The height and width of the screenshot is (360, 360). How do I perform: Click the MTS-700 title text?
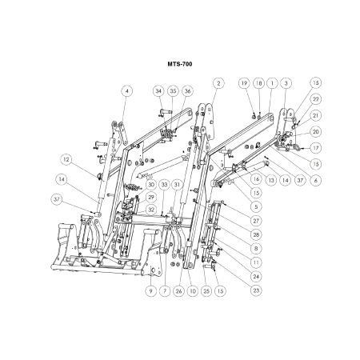point(180,64)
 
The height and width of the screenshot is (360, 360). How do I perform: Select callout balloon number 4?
point(127,91)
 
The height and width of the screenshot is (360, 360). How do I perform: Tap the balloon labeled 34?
point(158,91)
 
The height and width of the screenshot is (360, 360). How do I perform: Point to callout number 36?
point(187,91)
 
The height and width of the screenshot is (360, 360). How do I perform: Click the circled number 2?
point(218,83)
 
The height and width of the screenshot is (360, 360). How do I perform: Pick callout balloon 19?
point(244,83)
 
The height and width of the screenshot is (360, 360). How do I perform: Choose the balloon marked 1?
point(272,83)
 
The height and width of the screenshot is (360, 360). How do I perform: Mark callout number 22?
point(316,99)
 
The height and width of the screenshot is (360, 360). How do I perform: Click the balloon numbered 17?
point(316,148)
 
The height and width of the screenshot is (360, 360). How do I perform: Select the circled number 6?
point(316,180)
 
